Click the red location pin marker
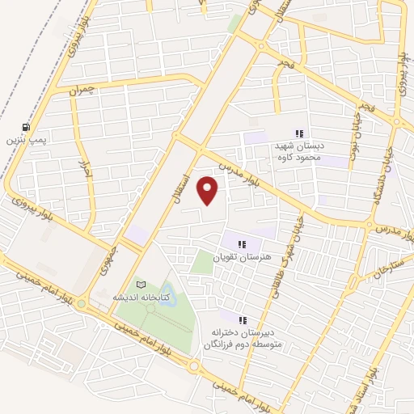(x=209, y=191)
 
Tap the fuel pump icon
(x=27, y=127)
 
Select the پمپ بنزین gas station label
(x=27, y=140)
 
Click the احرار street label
(x=82, y=170)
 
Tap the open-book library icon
(x=142, y=285)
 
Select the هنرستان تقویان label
(x=239, y=256)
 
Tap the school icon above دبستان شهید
(x=298, y=133)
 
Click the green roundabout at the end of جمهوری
(x=82, y=304)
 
